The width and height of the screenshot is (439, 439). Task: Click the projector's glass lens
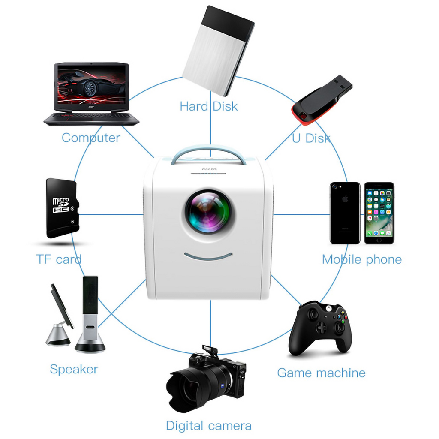pos(208,211)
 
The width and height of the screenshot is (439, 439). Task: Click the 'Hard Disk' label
pos(208,106)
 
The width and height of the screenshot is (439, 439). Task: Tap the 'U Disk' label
pos(311,138)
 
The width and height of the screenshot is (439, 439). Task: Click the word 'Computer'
pos(91,138)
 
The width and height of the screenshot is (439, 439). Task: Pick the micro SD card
pos(61,208)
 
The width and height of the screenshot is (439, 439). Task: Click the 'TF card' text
pos(59,259)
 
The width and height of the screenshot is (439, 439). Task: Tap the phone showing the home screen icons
pos(379,213)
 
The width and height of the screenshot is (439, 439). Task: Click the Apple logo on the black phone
pos(345,199)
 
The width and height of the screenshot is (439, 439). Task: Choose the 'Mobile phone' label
pos(361,259)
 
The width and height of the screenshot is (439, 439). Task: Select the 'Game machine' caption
pos(321,373)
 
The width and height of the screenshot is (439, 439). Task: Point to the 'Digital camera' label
pos(208,426)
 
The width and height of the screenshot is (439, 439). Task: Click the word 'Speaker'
pos(74,369)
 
